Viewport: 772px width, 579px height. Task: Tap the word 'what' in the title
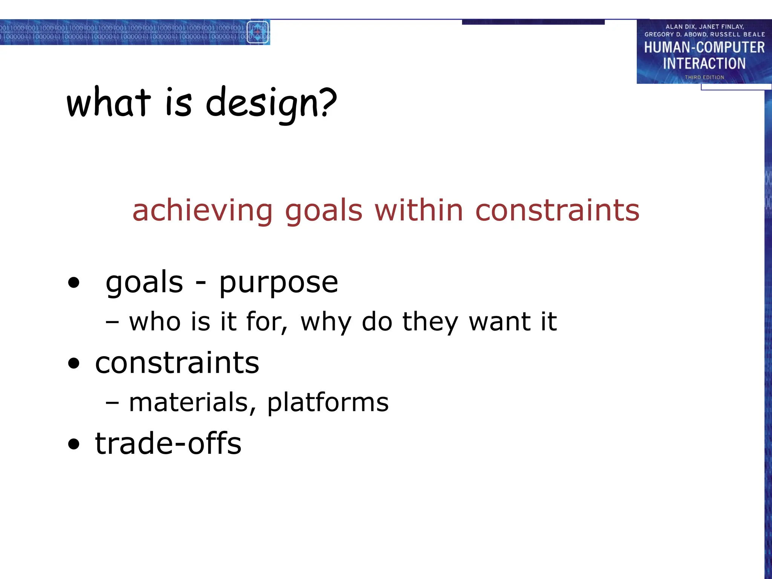(x=109, y=103)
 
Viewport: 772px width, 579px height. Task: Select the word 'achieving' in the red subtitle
(x=202, y=211)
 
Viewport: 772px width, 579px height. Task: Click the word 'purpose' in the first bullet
(x=279, y=283)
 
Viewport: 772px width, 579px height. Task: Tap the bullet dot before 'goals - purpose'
(x=74, y=283)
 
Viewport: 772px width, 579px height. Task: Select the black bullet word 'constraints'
(x=177, y=363)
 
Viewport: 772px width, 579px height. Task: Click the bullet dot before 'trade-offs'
(x=74, y=444)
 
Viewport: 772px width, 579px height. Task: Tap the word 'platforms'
(x=328, y=403)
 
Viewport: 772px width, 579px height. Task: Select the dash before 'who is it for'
(x=112, y=323)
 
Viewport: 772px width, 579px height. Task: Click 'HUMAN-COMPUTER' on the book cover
(x=704, y=47)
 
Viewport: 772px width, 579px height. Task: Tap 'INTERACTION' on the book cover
(x=704, y=63)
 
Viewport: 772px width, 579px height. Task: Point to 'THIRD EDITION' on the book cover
(x=704, y=77)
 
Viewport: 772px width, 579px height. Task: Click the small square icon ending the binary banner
(x=258, y=32)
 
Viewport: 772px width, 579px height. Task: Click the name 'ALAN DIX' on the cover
(x=680, y=27)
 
